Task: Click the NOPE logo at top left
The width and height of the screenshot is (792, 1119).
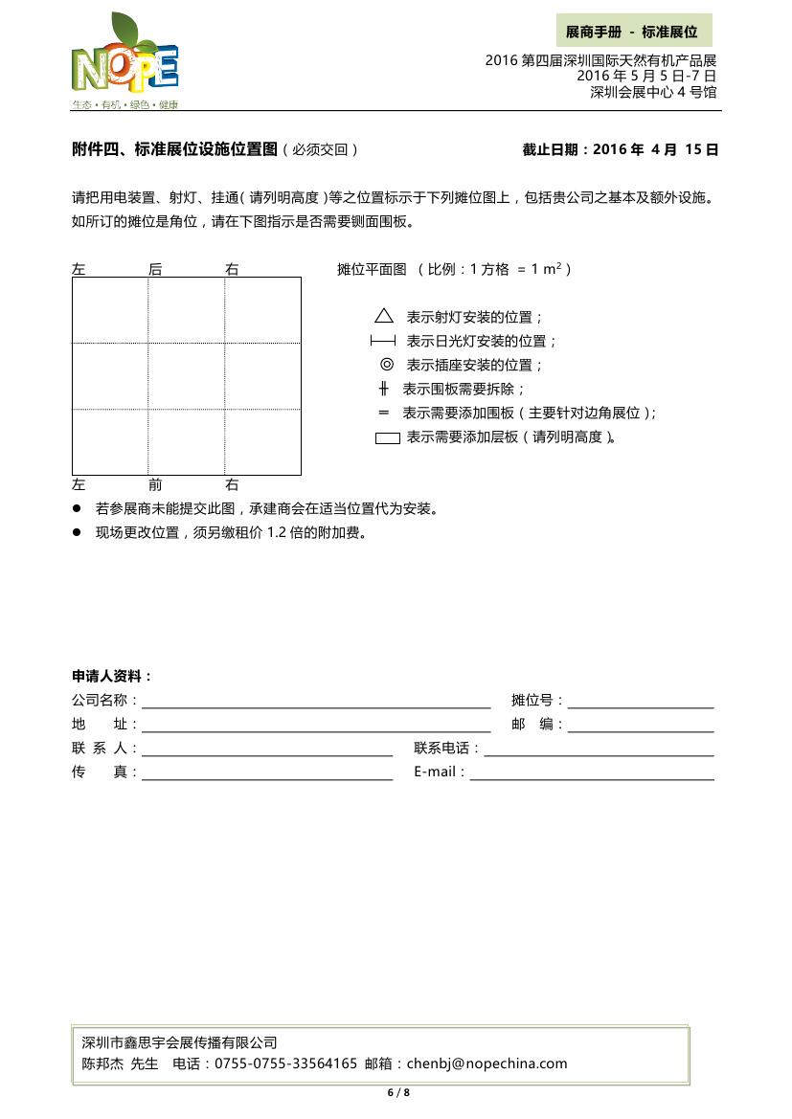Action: click(124, 62)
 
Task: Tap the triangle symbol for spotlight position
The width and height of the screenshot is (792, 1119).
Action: click(384, 316)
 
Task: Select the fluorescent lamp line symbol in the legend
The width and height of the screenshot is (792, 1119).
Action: click(383, 341)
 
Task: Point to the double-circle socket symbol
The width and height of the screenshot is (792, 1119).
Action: click(386, 364)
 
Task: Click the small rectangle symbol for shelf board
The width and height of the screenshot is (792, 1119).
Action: click(387, 438)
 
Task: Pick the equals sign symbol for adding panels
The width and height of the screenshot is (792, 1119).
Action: click(384, 413)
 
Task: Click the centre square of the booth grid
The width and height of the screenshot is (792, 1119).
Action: click(187, 375)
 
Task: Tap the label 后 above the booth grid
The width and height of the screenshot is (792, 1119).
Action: click(155, 270)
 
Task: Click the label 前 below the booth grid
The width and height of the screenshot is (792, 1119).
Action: click(155, 484)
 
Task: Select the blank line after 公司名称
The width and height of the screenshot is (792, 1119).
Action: click(316, 702)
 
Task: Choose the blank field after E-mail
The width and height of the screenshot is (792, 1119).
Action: click(591, 772)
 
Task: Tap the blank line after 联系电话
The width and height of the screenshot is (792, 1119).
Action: click(599, 749)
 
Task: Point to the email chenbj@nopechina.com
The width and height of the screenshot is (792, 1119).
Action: click(487, 1063)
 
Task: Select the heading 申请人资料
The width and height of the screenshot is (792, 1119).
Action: click(112, 677)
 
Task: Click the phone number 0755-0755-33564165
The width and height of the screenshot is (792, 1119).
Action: click(285, 1063)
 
